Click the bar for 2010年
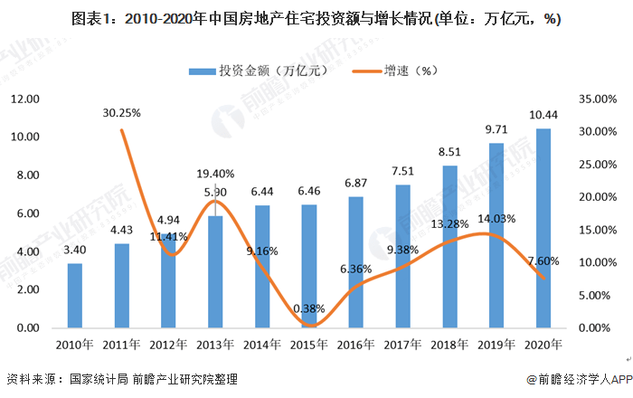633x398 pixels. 75,296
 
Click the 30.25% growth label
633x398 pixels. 122,113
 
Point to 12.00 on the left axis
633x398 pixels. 24,99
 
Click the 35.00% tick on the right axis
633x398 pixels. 596,99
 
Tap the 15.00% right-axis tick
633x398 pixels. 596,230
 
